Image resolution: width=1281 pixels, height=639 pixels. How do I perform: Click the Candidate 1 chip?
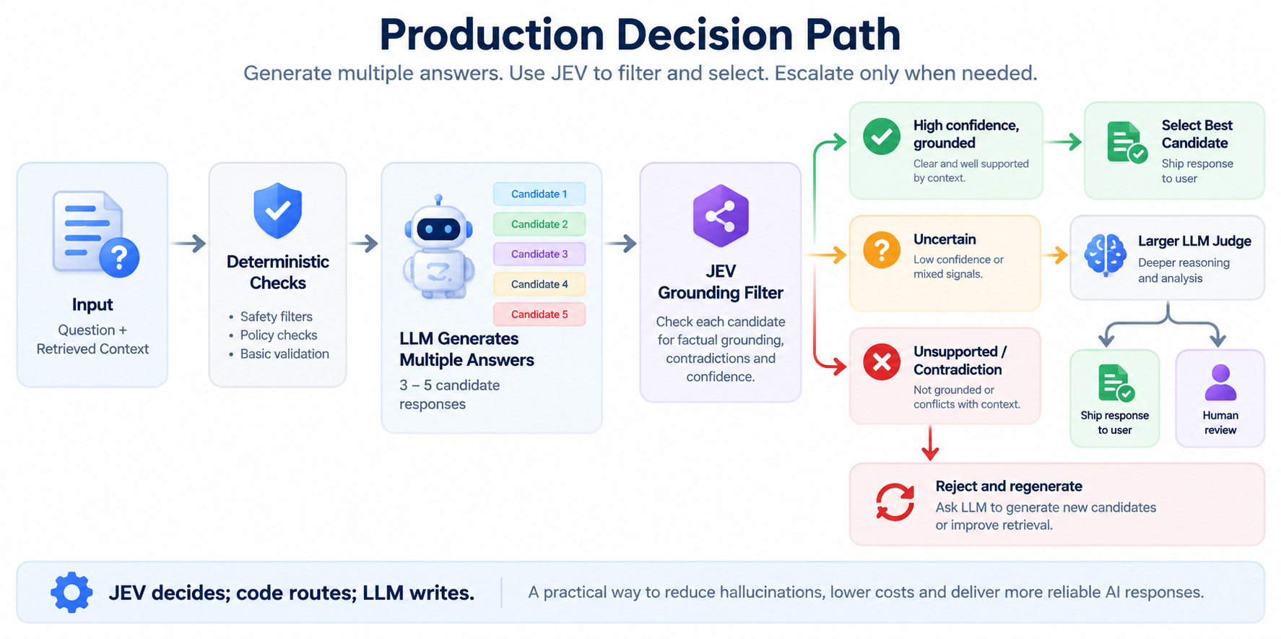click(x=539, y=194)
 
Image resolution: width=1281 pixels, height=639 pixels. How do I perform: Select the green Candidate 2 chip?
click(x=539, y=224)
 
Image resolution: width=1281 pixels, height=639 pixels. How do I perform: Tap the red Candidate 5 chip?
click(x=539, y=314)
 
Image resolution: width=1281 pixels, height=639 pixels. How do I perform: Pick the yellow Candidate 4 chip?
click(x=539, y=284)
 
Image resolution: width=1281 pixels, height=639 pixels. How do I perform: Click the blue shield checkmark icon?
click(x=277, y=210)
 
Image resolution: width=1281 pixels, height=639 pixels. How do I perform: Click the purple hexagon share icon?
click(x=721, y=216)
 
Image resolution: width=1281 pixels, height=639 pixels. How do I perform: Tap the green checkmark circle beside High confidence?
click(x=882, y=136)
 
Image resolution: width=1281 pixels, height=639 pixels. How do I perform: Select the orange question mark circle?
click(x=882, y=250)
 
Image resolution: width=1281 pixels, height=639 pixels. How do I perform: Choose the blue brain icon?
click(x=1105, y=255)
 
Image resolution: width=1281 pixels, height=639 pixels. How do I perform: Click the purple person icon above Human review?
click(x=1220, y=382)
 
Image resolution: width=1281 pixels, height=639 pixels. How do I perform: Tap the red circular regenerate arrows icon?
click(x=895, y=502)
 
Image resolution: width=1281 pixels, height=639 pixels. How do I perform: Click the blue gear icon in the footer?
click(x=71, y=593)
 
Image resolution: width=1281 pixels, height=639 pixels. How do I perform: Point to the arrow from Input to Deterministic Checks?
click(x=188, y=244)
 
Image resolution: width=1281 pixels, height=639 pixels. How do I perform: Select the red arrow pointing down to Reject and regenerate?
click(x=930, y=443)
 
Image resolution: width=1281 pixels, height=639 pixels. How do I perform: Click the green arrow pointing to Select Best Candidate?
click(x=1063, y=142)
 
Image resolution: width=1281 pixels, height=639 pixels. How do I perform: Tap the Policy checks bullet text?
click(x=279, y=335)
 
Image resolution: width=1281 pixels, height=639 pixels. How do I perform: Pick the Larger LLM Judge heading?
click(x=1194, y=241)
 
